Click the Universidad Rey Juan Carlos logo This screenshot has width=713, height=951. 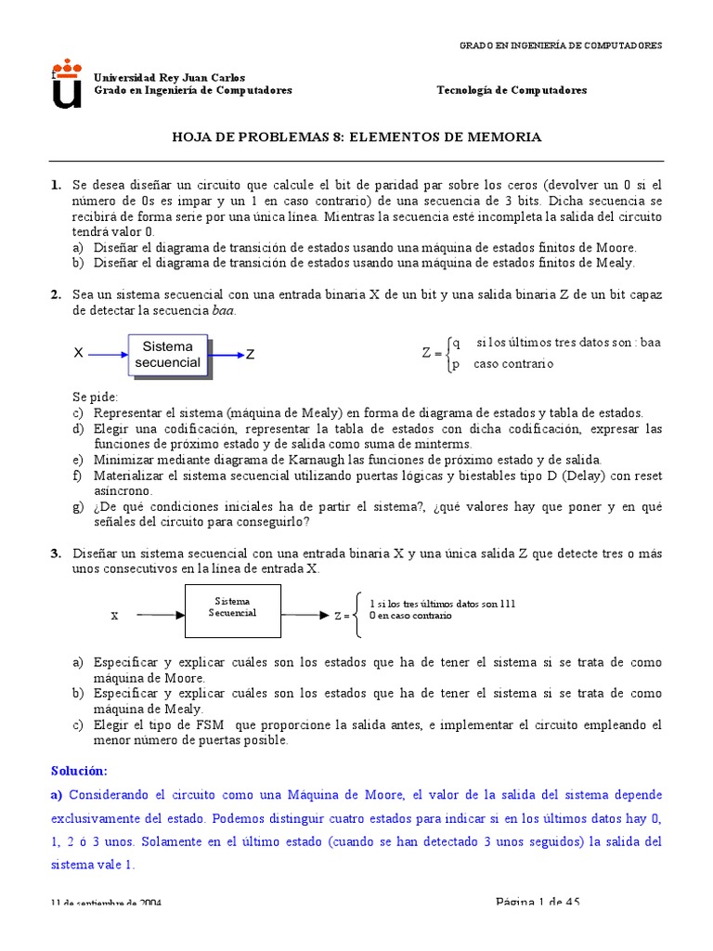click(x=66, y=84)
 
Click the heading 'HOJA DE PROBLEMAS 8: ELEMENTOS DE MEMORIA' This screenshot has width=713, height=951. click(x=357, y=137)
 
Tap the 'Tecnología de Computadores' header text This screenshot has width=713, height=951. click(x=512, y=90)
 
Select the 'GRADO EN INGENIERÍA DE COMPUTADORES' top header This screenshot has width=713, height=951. click(x=562, y=46)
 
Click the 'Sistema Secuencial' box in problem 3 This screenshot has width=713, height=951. click(x=232, y=610)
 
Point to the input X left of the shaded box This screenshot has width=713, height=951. click(x=79, y=355)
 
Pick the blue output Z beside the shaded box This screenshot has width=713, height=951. click(x=250, y=355)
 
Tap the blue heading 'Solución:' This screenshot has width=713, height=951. click(x=80, y=772)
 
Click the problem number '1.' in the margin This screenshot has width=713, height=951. click(x=57, y=185)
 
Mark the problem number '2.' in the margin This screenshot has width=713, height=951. click(x=57, y=294)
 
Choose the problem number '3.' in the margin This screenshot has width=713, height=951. click(x=57, y=554)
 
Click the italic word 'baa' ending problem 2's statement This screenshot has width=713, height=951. click(x=224, y=310)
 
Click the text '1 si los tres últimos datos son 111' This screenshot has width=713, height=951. click(x=442, y=604)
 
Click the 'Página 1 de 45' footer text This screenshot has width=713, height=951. click(x=538, y=902)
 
